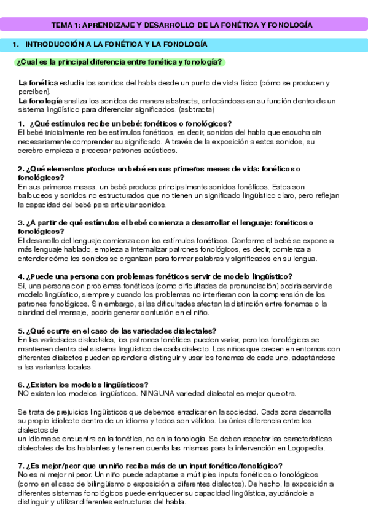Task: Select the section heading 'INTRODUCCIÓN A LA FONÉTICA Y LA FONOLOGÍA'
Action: coord(115,45)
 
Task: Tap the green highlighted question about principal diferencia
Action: coord(120,62)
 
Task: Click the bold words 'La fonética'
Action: coord(38,83)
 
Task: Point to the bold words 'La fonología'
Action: coord(40,100)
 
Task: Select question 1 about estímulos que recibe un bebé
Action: coord(125,123)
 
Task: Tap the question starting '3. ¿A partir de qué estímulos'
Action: coord(166,222)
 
